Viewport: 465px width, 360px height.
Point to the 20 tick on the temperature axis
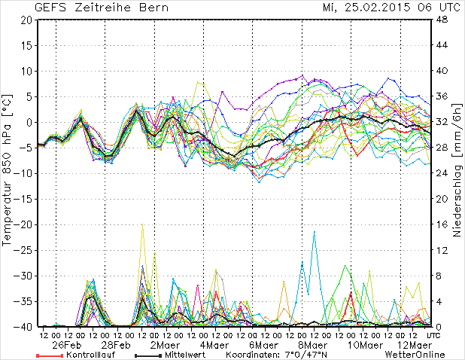(x=26, y=20)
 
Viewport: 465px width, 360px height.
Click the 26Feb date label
(x=67, y=344)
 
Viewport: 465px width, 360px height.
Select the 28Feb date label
(x=119, y=344)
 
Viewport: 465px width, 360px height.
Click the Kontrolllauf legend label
(x=90, y=354)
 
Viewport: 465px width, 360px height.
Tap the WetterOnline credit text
(x=415, y=354)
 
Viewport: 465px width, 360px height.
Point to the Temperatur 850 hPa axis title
(x=8, y=173)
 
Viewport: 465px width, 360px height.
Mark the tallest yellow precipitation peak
(x=142, y=225)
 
